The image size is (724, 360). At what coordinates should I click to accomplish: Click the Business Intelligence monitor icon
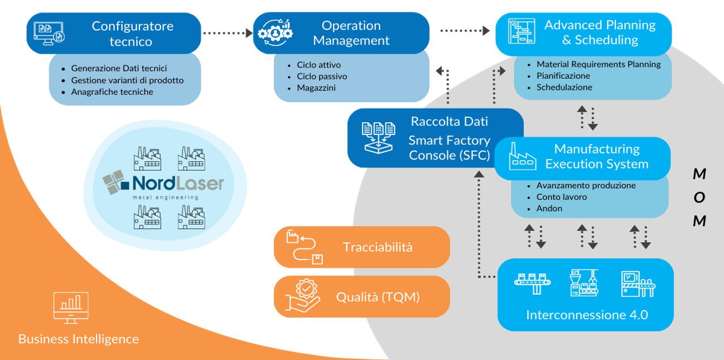(x=71, y=307)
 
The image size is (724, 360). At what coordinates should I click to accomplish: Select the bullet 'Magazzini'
(x=316, y=88)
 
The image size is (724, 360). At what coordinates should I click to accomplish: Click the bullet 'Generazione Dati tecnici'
(x=119, y=68)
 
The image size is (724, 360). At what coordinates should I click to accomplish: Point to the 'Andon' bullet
(x=549, y=208)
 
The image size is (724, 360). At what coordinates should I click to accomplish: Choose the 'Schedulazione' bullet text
(x=564, y=87)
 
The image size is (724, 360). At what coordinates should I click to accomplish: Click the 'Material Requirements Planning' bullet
(x=598, y=64)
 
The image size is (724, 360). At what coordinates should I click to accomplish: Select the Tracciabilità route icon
(x=304, y=247)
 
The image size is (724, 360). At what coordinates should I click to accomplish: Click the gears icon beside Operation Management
(x=274, y=33)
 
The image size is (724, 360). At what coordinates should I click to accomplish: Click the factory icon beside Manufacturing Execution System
(x=523, y=156)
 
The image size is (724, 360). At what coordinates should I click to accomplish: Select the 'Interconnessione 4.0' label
(x=586, y=315)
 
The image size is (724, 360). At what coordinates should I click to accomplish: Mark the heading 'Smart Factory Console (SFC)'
(x=449, y=148)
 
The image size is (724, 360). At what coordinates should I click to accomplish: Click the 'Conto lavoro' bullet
(x=561, y=196)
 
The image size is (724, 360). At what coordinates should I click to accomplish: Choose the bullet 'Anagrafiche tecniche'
(x=112, y=92)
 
